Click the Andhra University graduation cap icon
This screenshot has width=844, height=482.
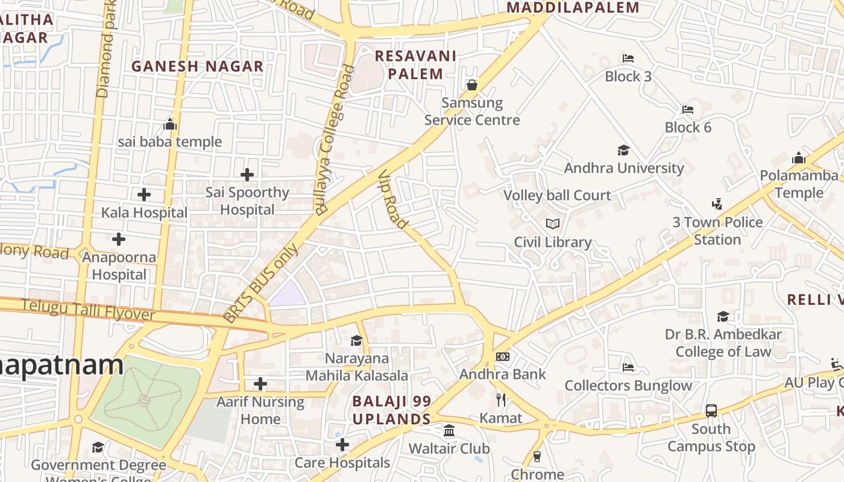[623, 150]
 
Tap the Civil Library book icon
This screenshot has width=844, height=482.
[552, 224]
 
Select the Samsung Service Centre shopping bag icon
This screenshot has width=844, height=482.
[472, 85]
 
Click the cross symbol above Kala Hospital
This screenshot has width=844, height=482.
[144, 195]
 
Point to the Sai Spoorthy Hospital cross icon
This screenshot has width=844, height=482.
[247, 175]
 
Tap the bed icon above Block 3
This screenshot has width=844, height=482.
[628, 58]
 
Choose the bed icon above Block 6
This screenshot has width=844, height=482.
[688, 110]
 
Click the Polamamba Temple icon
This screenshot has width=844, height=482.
[799, 158]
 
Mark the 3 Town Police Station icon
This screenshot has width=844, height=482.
[717, 204]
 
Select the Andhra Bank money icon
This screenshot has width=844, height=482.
[502, 357]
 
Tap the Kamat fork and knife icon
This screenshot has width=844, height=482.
[500, 399]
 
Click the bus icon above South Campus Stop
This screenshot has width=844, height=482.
[711, 411]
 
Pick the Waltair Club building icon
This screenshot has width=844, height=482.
[449, 431]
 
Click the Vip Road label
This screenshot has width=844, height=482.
[393, 199]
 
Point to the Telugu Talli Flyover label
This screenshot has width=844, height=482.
[88, 310]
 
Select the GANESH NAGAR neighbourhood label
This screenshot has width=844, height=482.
[198, 66]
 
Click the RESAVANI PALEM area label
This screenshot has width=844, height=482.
[415, 64]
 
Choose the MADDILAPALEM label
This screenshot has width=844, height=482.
[573, 8]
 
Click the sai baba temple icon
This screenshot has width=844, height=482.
[170, 125]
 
